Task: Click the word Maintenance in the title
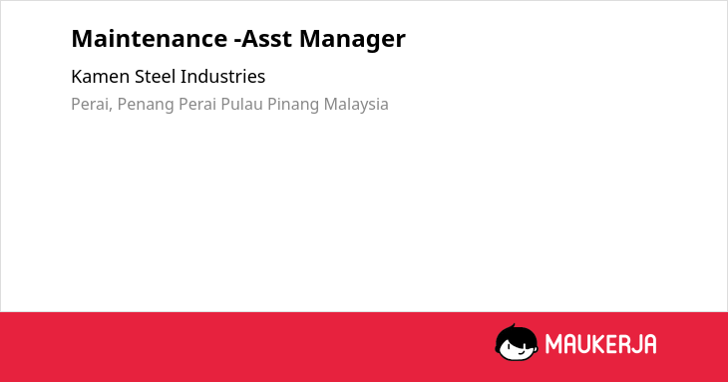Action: [x=149, y=38]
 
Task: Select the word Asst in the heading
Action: [x=267, y=38]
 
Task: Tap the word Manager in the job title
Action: [x=352, y=40]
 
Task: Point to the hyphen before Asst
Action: [x=237, y=40]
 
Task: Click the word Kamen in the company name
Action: [x=101, y=77]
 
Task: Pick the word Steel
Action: [x=155, y=77]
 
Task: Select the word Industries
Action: [x=222, y=77]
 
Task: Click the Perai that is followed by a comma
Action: [x=91, y=104]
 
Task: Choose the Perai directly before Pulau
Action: [x=197, y=104]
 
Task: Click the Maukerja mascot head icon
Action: [x=517, y=343]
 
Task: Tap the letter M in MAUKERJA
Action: [x=553, y=344]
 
